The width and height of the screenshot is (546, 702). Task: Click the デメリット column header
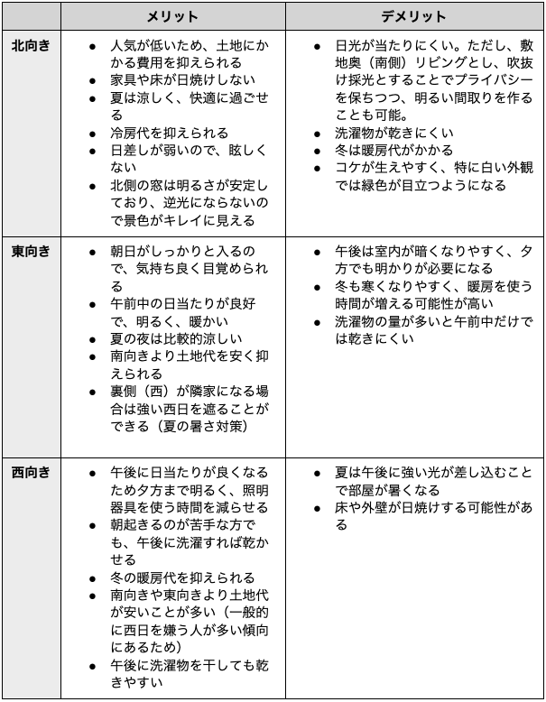[412, 17]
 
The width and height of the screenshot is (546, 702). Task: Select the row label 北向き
[31, 45]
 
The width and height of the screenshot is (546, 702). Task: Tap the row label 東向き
[31, 250]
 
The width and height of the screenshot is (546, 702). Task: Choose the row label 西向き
[31, 472]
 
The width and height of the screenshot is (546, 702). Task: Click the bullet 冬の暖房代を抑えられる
[182, 577]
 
